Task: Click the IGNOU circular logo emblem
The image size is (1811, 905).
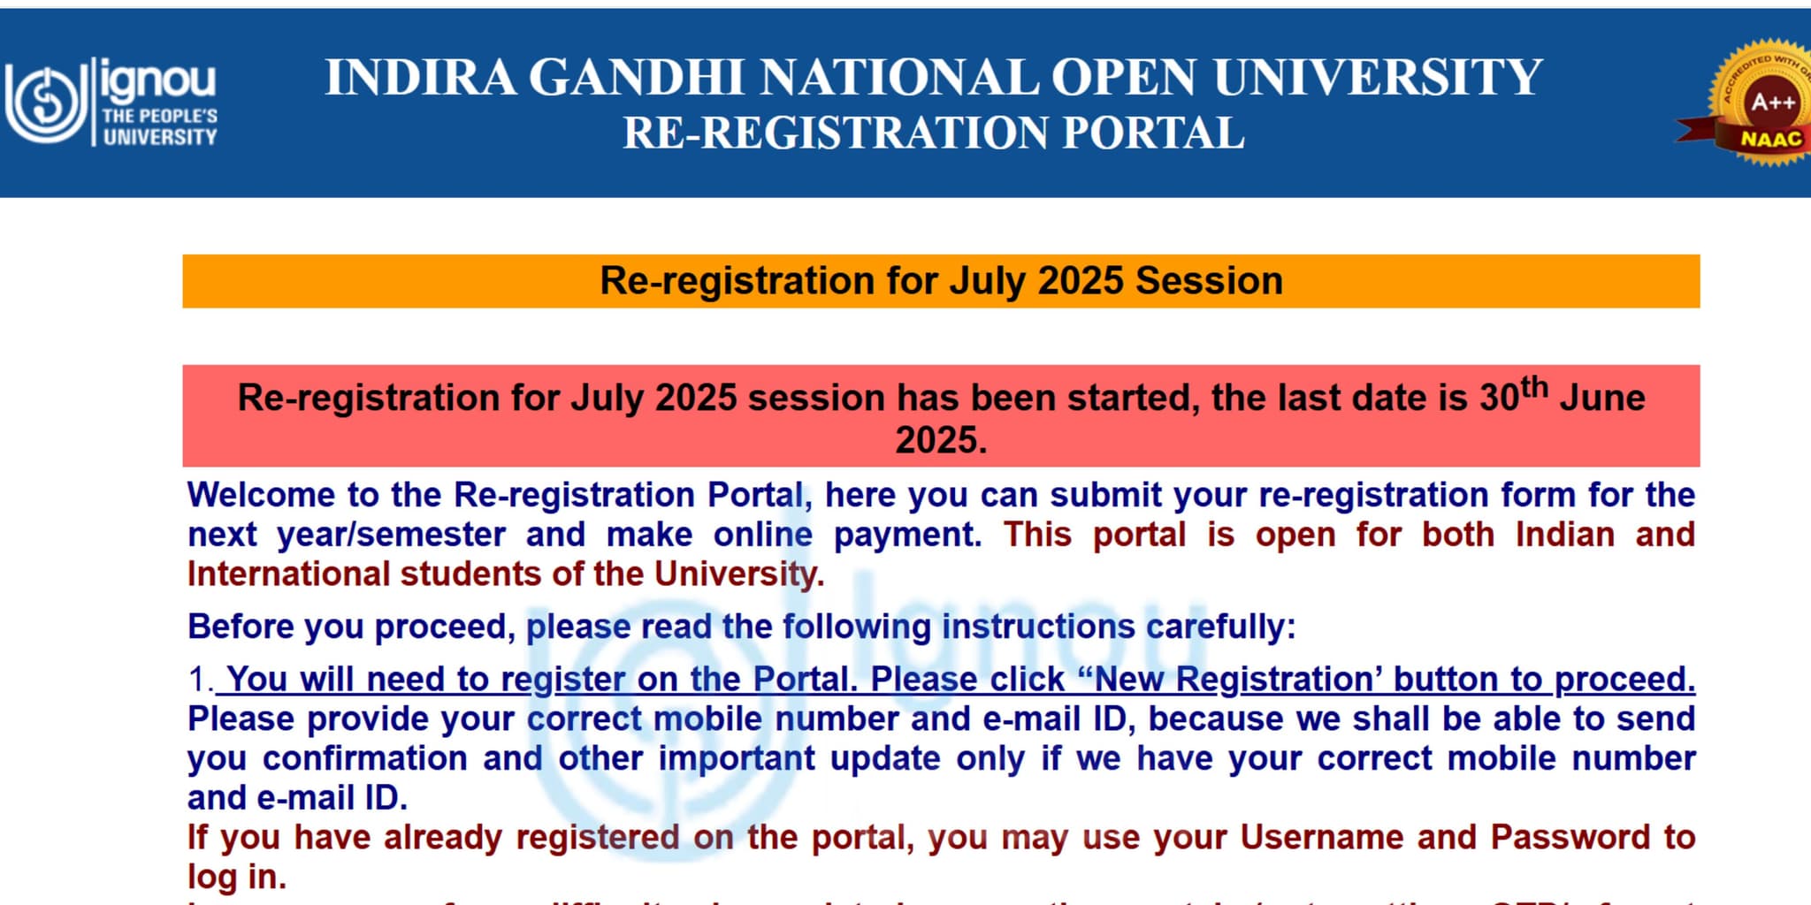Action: point(42,103)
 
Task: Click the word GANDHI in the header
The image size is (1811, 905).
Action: point(637,78)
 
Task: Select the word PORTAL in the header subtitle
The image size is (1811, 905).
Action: point(1153,134)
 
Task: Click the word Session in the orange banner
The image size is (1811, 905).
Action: point(1209,281)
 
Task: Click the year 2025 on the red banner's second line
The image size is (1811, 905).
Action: point(941,440)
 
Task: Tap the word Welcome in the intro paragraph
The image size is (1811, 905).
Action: point(261,495)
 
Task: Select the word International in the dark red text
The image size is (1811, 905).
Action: point(288,574)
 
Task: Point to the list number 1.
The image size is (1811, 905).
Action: point(200,680)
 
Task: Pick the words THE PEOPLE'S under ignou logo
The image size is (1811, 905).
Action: point(159,116)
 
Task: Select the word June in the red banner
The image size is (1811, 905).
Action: point(1602,399)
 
